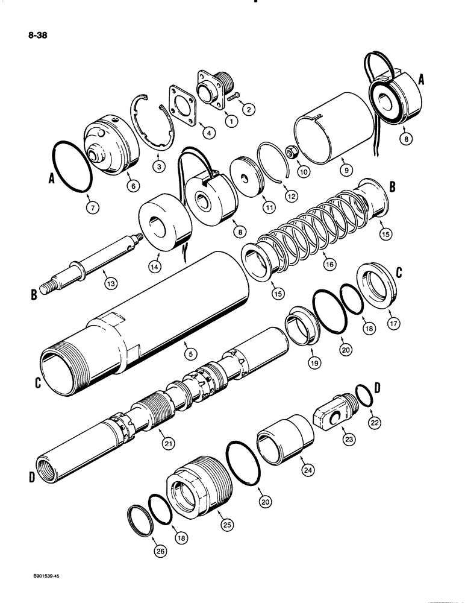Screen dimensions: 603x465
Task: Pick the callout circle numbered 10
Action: pos(304,172)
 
